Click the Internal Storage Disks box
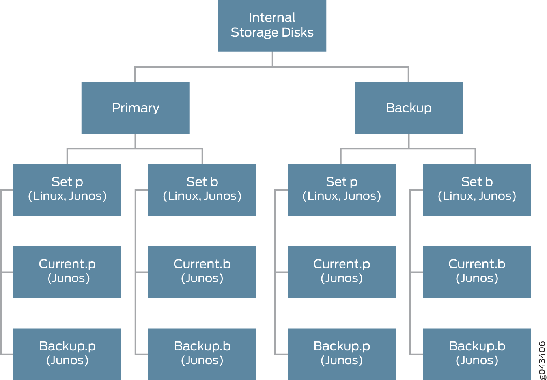[272, 26]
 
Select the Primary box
[135, 108]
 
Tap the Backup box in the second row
[409, 108]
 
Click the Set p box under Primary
[67, 190]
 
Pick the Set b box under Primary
[202, 190]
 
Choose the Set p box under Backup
[342, 190]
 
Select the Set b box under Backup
[477, 190]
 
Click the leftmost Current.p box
[67, 272]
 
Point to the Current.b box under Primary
[202, 272]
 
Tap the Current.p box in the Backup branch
[342, 272]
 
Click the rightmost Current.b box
[477, 272]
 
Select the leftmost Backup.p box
[67, 354]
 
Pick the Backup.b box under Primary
[202, 354]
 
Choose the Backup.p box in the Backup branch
[342, 354]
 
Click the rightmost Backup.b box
[477, 354]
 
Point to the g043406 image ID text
[542, 360]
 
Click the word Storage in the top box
[250, 32]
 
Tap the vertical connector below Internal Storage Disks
[272, 59]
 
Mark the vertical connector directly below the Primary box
[135, 141]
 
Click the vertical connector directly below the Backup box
[409, 141]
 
